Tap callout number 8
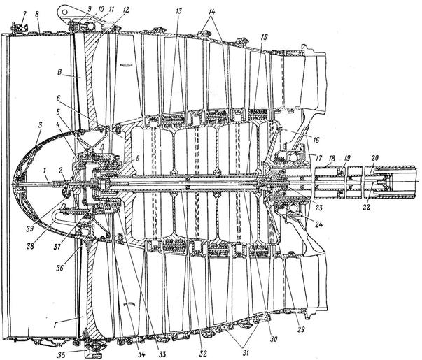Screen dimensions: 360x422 pos(38,12)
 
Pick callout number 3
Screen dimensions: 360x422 pos(41,124)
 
